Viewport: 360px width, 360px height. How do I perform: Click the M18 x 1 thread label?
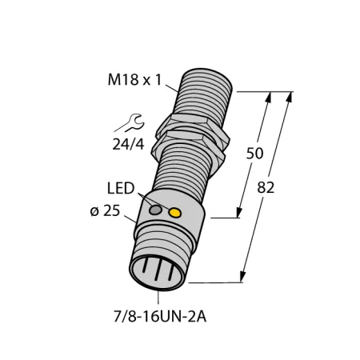134,80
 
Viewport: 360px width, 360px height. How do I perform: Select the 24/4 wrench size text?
128,145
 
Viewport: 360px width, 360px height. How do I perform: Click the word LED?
121,188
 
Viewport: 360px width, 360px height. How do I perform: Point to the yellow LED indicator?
174,213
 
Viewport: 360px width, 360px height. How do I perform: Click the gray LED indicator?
155,210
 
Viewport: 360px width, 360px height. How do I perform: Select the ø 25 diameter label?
105,211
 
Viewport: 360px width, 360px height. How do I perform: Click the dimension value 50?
254,154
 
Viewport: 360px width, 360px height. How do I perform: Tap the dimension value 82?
266,187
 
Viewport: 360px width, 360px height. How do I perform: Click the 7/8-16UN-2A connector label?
160,317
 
